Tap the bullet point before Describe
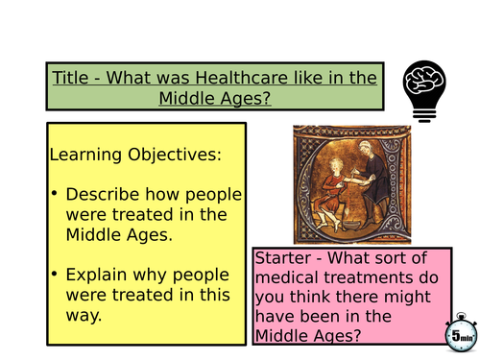[x=56, y=195]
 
